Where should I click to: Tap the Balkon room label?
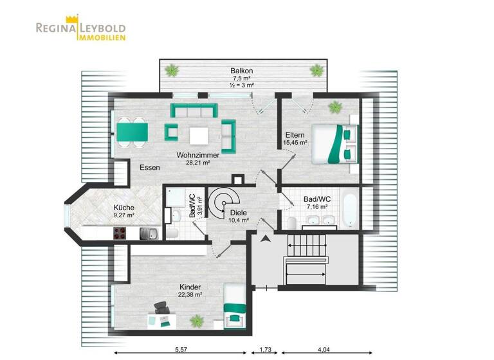[x=243, y=70]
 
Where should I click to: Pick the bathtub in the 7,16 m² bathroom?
[x=350, y=209]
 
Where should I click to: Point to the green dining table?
[x=131, y=131]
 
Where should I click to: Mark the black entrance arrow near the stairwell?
[x=264, y=240]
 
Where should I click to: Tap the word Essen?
[x=150, y=168]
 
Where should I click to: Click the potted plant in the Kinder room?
[x=197, y=318]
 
